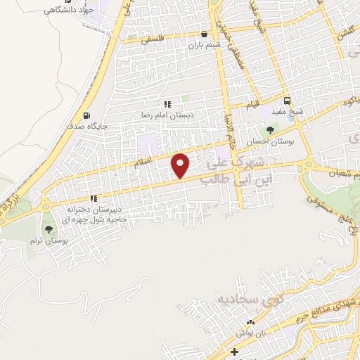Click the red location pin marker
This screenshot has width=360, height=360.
(x=181, y=165)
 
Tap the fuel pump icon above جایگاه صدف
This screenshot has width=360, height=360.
(x=86, y=116)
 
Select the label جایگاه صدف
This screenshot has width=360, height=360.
(x=85, y=127)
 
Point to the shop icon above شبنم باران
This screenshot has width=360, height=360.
(x=204, y=33)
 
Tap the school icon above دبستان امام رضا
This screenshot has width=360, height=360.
(x=167, y=104)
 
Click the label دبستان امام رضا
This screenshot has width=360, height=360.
(x=169, y=115)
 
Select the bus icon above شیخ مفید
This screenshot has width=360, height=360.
(x=287, y=100)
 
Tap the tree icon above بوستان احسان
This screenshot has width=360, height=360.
(x=269, y=130)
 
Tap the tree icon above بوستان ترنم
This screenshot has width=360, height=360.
(x=49, y=229)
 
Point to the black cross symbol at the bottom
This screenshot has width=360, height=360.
(x=234, y=351)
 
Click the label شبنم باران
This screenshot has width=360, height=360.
(x=204, y=44)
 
